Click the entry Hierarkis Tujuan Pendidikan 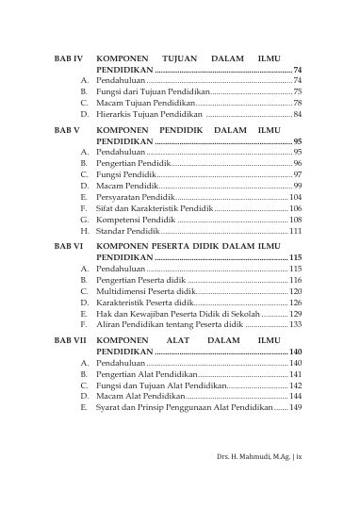150,114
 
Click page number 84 297,114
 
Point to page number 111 295,231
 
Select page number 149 295,408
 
